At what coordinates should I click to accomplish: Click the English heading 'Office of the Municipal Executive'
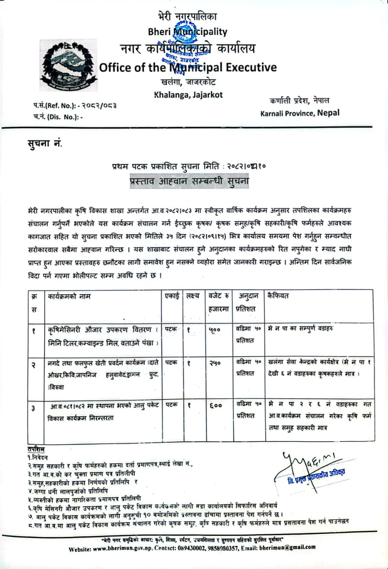tap(187, 68)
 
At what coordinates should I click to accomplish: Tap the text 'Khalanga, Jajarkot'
tap(188, 94)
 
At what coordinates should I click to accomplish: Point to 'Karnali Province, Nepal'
tap(299, 113)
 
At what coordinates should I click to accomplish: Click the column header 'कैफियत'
tap(278, 295)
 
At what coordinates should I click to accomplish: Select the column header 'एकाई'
tap(171, 295)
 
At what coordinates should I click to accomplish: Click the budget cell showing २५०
tap(215, 363)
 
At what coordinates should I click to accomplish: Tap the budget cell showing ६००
tap(215, 405)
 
